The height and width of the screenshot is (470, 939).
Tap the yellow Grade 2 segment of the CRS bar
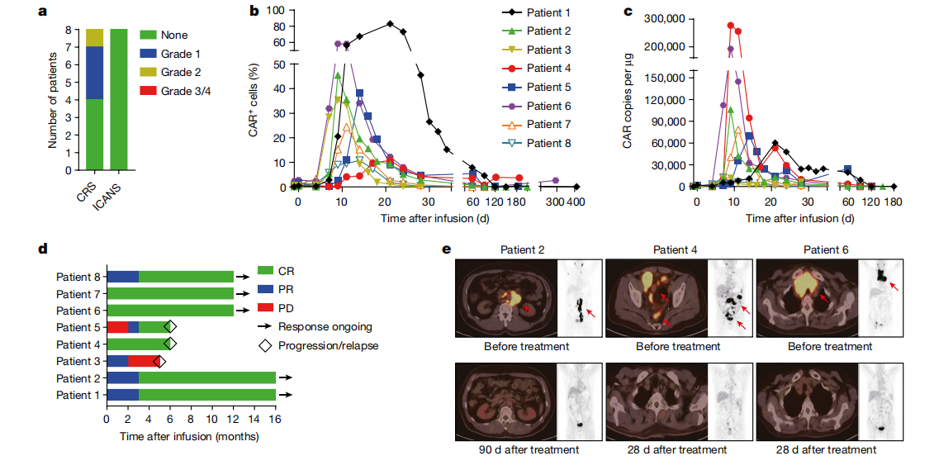point(95,38)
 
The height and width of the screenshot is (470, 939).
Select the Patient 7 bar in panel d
point(169,294)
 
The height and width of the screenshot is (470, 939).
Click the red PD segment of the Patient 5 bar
point(117,327)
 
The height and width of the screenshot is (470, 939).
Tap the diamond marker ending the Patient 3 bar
point(159,362)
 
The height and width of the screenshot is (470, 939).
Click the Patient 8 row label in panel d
point(78,278)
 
